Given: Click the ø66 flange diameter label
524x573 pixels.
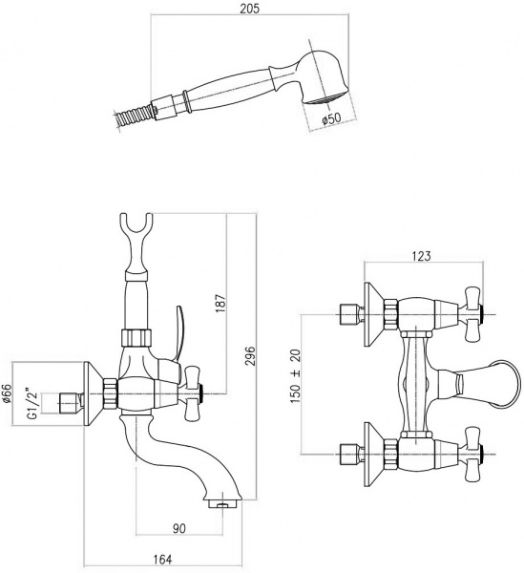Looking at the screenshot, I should [8, 393].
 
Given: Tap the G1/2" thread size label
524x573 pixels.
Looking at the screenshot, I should [29, 403].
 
